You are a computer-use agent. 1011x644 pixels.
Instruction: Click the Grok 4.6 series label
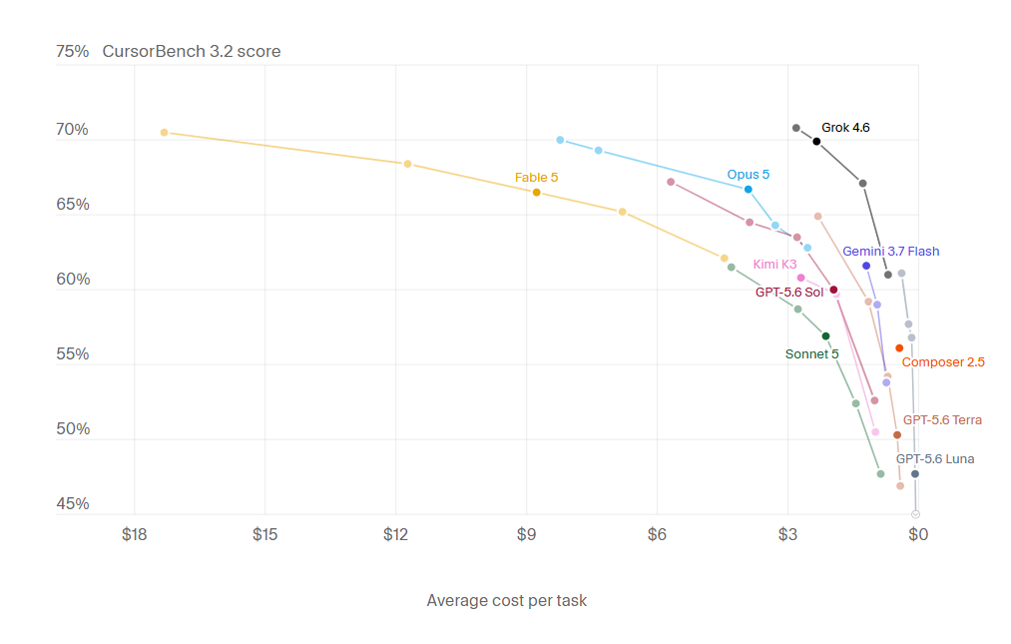tap(845, 128)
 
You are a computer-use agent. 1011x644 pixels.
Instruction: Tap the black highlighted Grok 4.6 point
tap(816, 142)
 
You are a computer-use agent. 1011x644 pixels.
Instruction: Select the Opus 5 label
tap(748, 174)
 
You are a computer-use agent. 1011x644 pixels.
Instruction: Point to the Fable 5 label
tap(536, 178)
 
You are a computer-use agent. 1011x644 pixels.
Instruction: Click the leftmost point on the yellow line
tap(165, 132)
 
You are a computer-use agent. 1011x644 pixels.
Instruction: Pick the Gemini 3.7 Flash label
tap(890, 251)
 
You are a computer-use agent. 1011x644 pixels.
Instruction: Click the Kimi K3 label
tap(774, 264)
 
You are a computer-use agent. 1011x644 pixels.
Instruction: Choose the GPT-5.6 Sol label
tap(789, 293)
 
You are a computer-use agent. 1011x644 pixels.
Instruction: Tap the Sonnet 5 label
tap(811, 354)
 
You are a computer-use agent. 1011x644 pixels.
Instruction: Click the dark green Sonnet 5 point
tap(825, 336)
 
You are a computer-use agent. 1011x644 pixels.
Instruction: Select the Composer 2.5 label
tap(943, 362)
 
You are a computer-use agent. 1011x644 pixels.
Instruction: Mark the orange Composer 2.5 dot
tap(899, 348)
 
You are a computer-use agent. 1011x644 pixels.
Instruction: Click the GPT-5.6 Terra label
tap(942, 420)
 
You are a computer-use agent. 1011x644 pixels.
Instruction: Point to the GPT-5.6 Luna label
tap(935, 459)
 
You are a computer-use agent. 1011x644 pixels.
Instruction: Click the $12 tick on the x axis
tap(395, 534)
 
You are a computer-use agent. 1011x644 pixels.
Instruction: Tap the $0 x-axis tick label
tap(918, 534)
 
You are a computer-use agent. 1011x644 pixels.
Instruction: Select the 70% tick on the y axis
tap(72, 130)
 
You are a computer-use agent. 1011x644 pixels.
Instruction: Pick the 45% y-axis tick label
tap(72, 504)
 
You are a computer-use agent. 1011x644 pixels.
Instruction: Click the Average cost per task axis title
tap(507, 601)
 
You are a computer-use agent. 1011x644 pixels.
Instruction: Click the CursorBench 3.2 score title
tap(192, 52)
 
